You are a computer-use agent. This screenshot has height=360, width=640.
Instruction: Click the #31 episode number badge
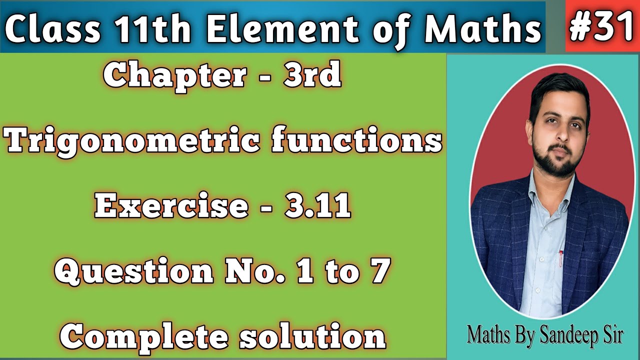pos(602,26)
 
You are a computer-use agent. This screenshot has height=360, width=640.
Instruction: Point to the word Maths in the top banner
pos(482,29)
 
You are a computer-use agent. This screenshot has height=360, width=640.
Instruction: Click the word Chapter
pos(175,75)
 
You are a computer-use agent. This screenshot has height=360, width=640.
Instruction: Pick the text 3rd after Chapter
pos(312,75)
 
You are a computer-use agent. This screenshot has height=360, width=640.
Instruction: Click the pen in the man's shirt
pos(561,257)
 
